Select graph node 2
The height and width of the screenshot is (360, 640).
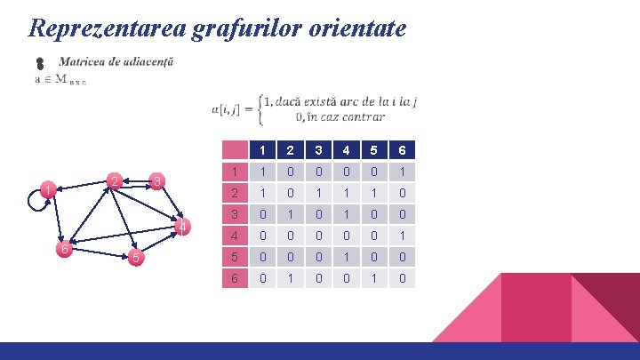click(112, 182)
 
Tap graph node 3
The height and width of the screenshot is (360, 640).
click(156, 182)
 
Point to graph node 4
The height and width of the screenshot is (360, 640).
click(182, 228)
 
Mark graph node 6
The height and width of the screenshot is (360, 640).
click(64, 250)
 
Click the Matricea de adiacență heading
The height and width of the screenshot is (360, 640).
click(116, 62)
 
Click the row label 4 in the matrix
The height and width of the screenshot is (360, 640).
click(233, 236)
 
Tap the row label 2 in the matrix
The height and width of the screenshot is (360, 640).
click(233, 193)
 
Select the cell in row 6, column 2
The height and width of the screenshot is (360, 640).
click(291, 278)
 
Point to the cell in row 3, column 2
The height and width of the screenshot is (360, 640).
click(291, 214)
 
